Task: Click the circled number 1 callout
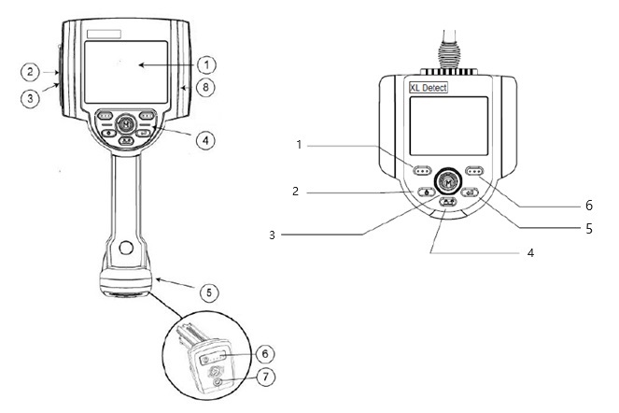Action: [x=207, y=64]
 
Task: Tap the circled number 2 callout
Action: [x=31, y=71]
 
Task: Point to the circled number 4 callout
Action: [x=206, y=140]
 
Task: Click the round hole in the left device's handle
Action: [x=124, y=249]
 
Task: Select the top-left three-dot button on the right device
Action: [x=422, y=171]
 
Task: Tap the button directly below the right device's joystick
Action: [x=448, y=201]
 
